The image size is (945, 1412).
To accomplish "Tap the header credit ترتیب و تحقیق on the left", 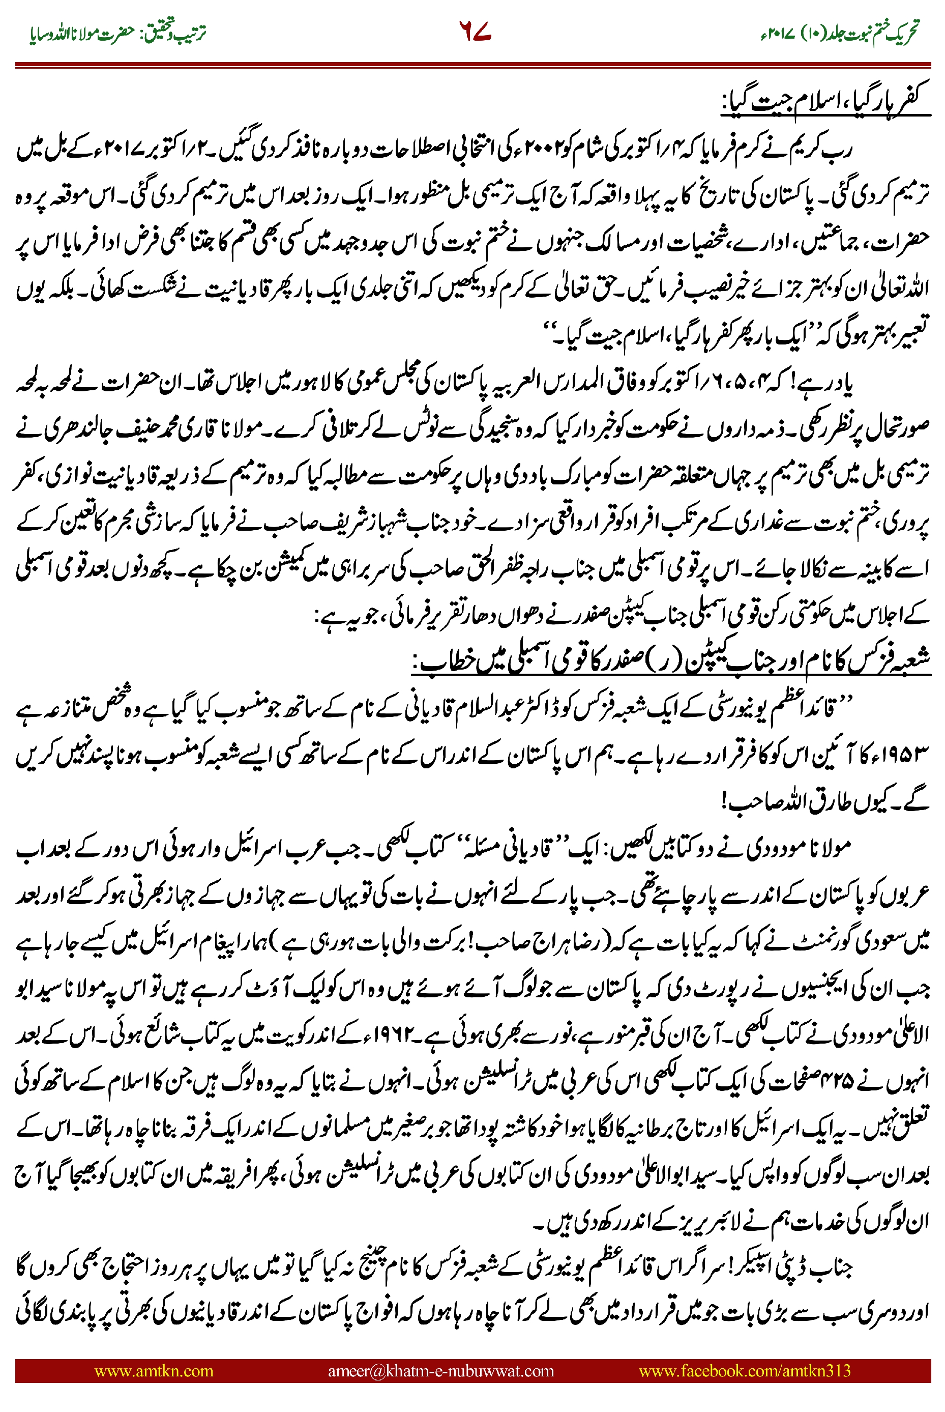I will pos(175,33).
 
